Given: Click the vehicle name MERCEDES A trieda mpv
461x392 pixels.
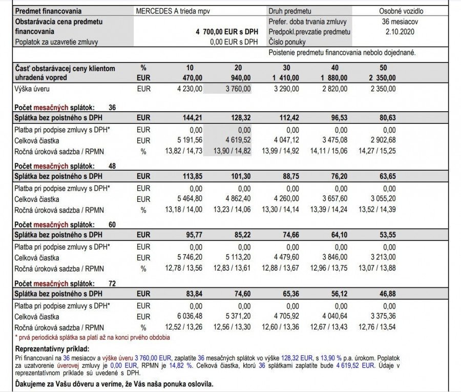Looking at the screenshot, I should pos(173,11).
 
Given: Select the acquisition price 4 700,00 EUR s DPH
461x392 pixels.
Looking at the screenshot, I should pos(226,32).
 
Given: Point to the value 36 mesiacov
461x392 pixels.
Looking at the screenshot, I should pos(394,22).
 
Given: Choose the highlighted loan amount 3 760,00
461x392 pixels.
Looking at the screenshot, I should pos(235,89).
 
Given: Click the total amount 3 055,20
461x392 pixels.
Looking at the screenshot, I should pos(380,199).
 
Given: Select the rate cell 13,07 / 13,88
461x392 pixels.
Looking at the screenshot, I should pos(376,268).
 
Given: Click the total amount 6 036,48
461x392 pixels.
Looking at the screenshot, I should pos(187,317).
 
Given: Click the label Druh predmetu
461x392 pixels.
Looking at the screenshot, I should pos(289,11).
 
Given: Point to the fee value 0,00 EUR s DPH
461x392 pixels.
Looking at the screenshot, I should pos(234,42).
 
